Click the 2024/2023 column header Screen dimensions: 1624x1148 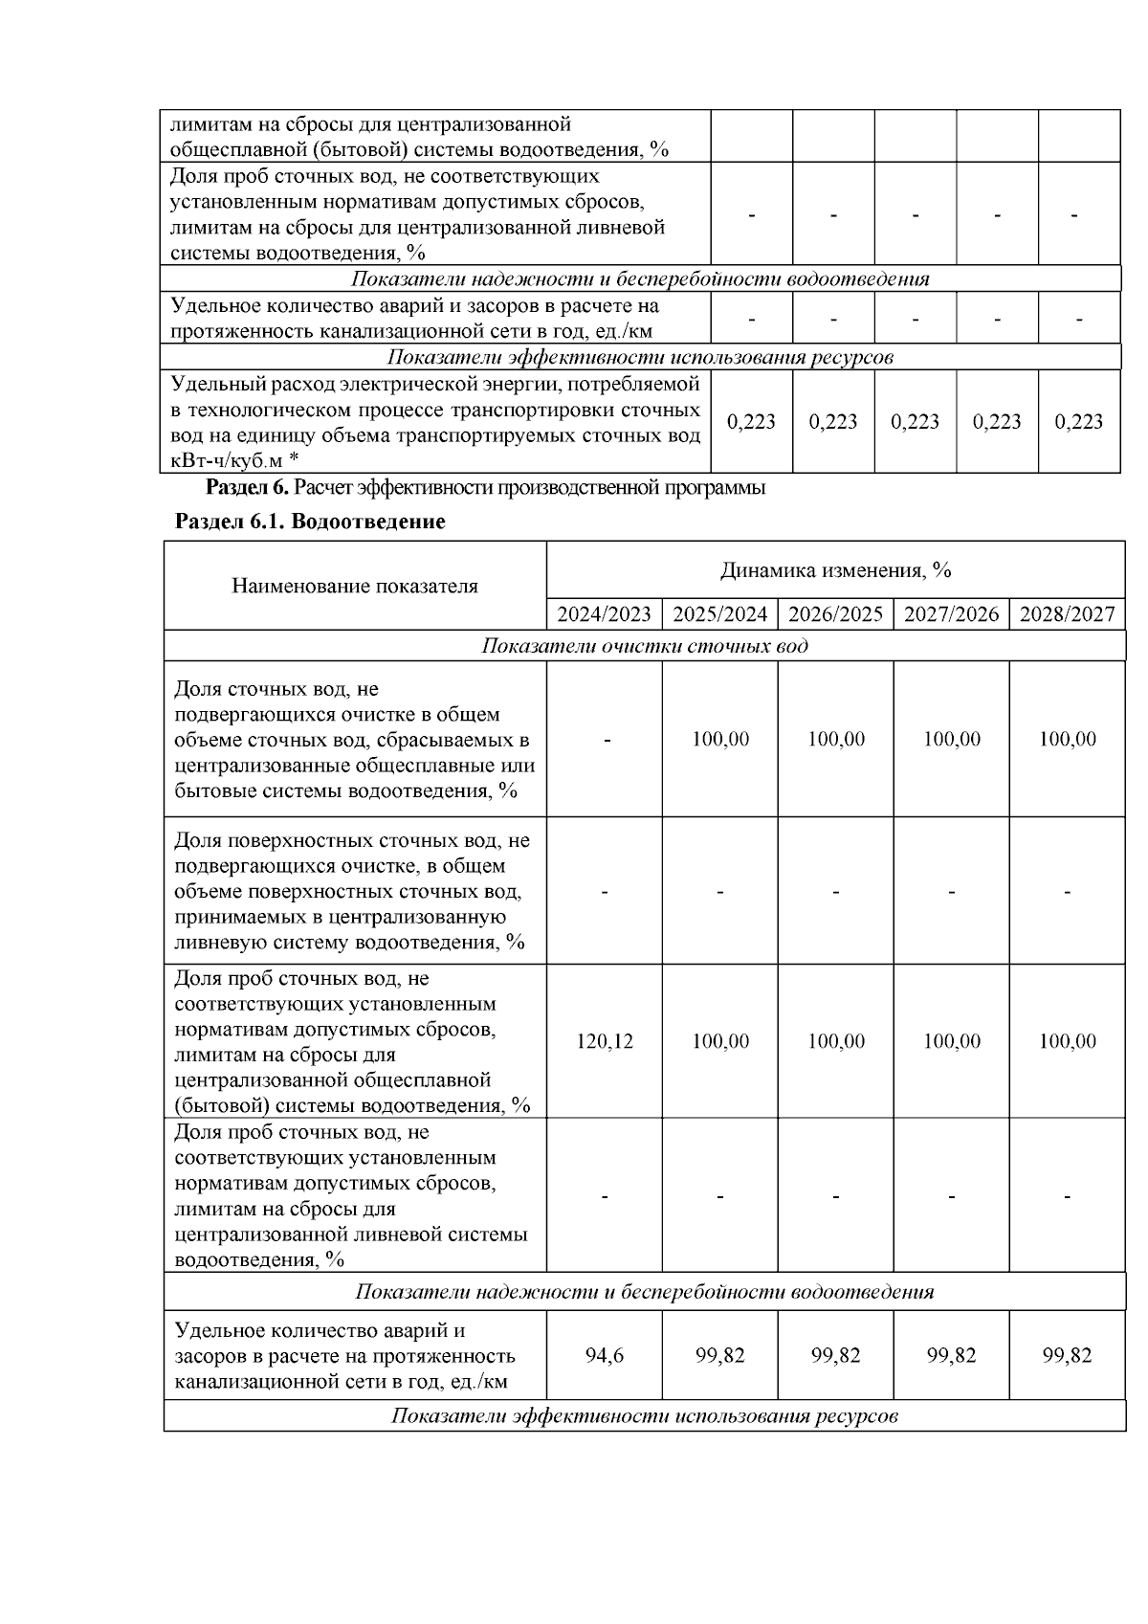pos(604,614)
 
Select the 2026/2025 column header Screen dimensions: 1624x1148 pos(835,614)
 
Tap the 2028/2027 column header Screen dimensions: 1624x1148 pos(1067,614)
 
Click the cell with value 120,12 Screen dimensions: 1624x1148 pos(604,1041)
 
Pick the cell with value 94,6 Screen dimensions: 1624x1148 pos(604,1356)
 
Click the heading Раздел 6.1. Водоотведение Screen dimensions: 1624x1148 pos(310,523)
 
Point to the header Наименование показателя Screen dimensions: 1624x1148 pos(355,586)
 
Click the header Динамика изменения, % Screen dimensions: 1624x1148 pos(835,571)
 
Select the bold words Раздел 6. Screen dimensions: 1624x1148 pos(247,488)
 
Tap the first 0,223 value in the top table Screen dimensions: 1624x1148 pos(751,422)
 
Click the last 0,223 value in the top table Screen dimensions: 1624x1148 pos(1078,422)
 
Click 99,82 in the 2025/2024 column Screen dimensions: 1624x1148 pos(719,1356)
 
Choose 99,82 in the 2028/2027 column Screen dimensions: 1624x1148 pos(1067,1356)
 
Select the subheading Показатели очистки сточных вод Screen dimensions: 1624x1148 pos(644,646)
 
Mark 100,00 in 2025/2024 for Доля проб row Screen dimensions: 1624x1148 pos(719,1041)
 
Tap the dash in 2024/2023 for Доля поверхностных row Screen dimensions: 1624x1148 pos(604,892)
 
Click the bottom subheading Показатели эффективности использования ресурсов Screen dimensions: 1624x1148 pos(644,1416)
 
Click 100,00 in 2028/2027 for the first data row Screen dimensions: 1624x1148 pos(1067,740)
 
